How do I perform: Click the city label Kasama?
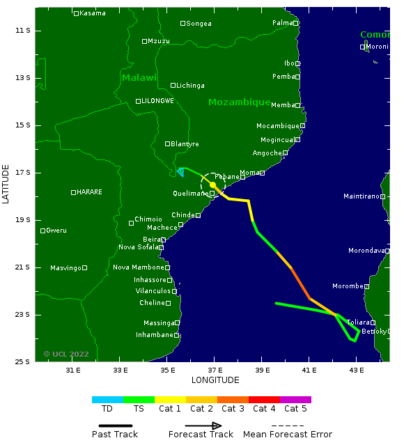coord(93,13)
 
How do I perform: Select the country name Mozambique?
coord(239,102)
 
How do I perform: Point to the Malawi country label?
coord(139,78)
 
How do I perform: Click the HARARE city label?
coord(89,192)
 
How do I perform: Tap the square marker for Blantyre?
coord(167,143)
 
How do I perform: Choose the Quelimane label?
coord(190,194)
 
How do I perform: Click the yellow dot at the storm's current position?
coord(212,185)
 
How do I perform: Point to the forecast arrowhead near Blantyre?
coord(180,171)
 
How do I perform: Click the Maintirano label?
coord(361,196)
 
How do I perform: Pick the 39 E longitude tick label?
coord(262,370)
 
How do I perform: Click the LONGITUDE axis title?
coord(215,380)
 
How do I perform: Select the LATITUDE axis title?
coord(6,184)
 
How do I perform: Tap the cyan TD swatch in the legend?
coord(107,400)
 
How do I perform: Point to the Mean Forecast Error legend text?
coord(287,435)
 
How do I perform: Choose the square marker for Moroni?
coord(362,47)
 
